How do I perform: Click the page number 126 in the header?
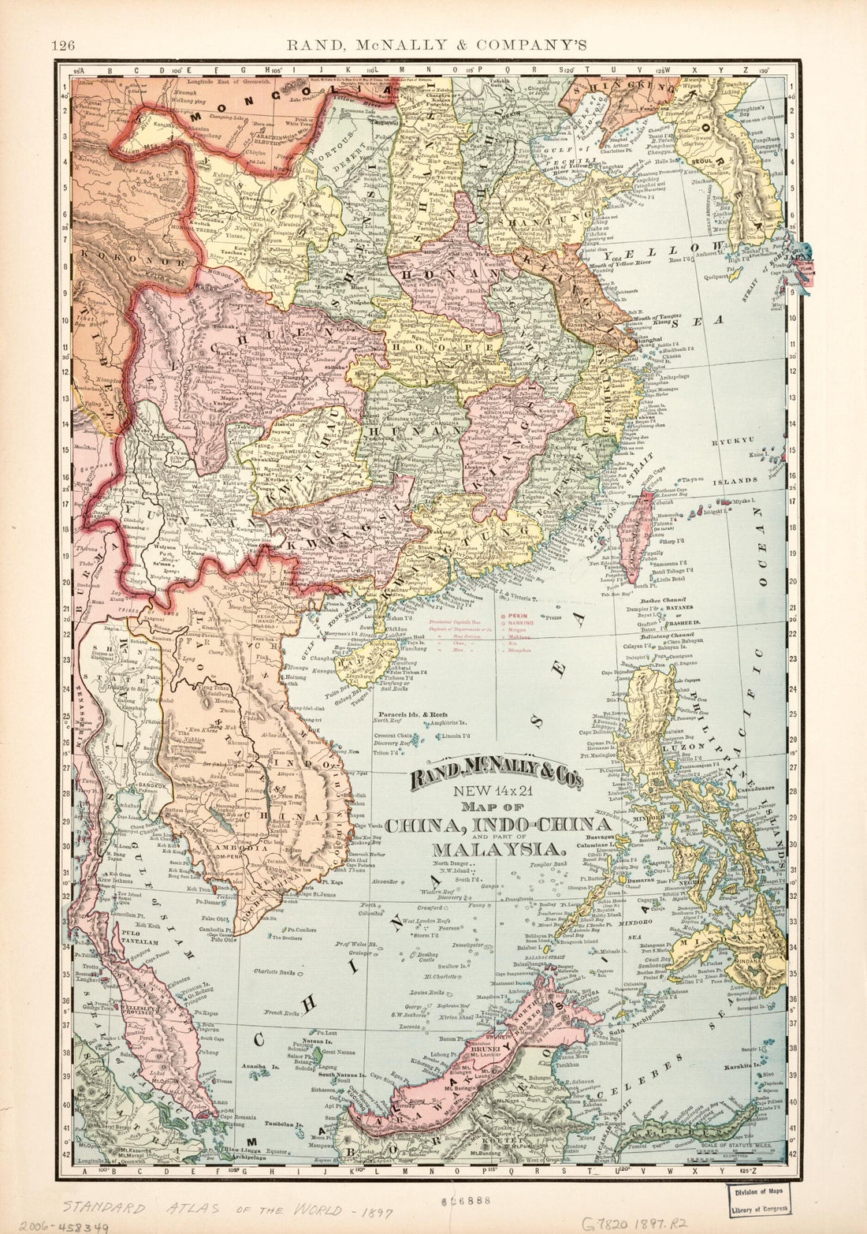pos(63,46)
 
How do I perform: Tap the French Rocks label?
pos(283,1012)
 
